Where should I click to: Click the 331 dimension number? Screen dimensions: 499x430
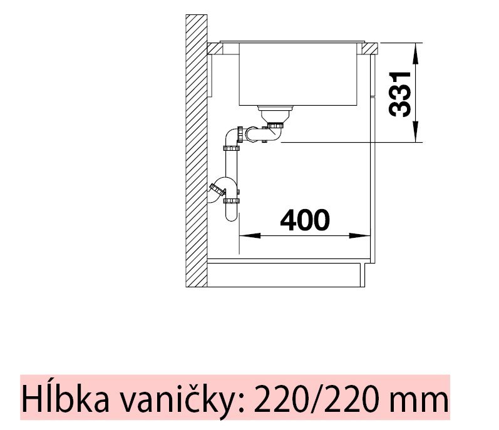pyautogui.click(x=400, y=95)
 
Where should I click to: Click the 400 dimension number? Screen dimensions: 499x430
pyautogui.click(x=304, y=220)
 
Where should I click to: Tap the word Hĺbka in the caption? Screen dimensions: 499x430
pyautogui.click(x=65, y=397)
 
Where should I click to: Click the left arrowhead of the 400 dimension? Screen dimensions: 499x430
pyautogui.click(x=249, y=236)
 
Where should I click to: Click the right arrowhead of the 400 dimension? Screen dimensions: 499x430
pyautogui.click(x=359, y=236)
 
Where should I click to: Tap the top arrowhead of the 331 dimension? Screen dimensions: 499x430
pyautogui.click(x=415, y=53)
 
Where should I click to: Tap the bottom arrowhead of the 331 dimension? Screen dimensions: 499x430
pyautogui.click(x=415, y=131)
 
